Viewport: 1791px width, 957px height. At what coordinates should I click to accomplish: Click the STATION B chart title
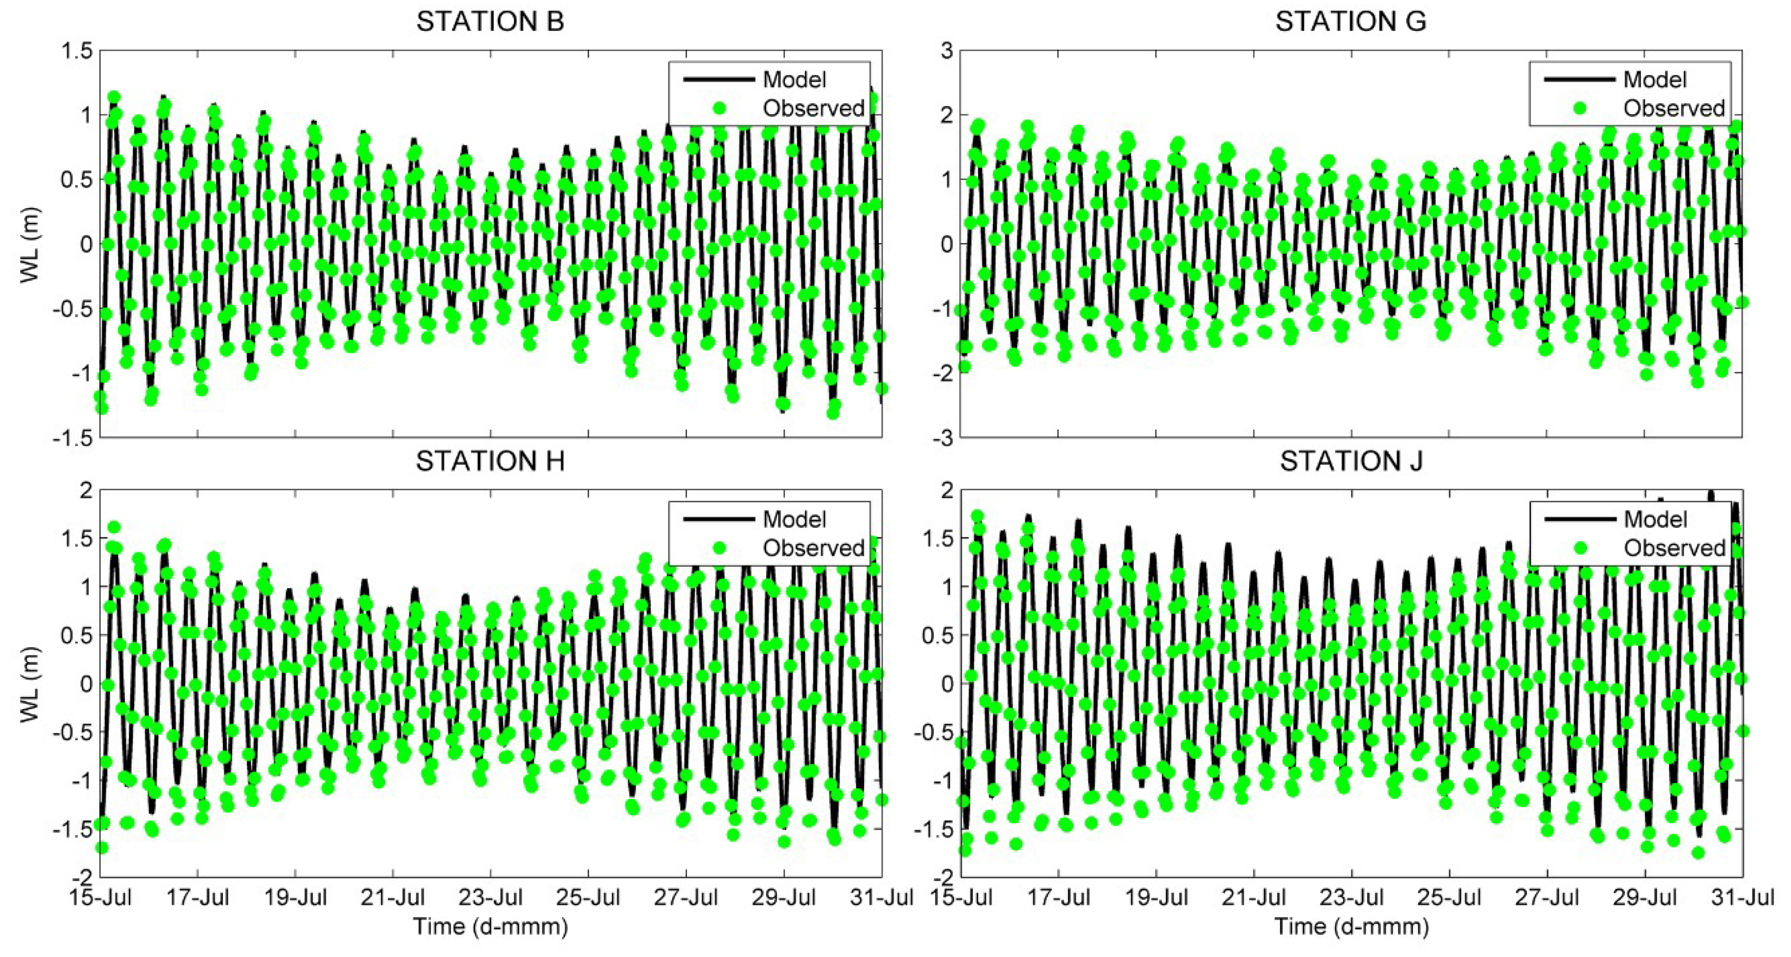490,22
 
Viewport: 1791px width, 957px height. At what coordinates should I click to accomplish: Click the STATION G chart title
1350,22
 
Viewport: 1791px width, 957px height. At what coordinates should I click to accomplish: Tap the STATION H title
490,461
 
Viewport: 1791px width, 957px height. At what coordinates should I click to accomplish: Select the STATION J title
1351,461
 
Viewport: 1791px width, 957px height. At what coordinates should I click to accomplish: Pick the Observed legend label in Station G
1673,109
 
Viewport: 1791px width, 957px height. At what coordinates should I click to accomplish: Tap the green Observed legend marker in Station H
719,548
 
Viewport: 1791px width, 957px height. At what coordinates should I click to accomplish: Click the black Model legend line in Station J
1579,519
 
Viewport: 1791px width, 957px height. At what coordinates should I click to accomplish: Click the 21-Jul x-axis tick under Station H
393,897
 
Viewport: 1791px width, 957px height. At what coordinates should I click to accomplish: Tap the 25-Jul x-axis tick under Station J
1450,897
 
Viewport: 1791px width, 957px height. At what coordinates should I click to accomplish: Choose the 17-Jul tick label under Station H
198,897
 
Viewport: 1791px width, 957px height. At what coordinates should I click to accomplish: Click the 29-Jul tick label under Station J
1645,897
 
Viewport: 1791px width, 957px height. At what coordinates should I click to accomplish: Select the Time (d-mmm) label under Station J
1351,927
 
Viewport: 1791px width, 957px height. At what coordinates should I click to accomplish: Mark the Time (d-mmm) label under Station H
490,927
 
